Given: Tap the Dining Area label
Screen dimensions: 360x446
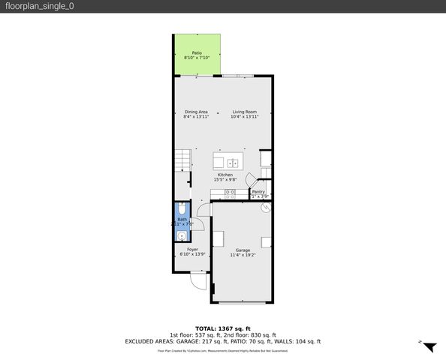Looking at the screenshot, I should (196, 112).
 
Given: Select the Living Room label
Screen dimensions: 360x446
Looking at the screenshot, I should (244, 112).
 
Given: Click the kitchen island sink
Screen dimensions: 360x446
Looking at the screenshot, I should (233, 162).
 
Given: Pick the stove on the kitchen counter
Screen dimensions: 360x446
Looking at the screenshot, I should (231, 193).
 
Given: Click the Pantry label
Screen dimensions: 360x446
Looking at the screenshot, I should (258, 192).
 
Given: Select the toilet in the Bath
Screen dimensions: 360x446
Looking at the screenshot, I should (181, 210).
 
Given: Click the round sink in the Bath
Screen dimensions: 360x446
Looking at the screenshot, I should (181, 235).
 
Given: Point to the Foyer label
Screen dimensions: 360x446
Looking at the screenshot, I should (192, 250).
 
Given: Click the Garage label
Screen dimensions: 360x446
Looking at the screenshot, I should (243, 250).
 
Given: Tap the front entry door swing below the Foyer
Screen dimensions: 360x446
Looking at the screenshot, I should (197, 282).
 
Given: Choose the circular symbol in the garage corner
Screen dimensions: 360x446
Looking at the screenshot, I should (265, 209).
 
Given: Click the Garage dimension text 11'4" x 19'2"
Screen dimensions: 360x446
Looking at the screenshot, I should (243, 255).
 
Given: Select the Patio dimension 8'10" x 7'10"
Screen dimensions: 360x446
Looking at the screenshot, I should (196, 58).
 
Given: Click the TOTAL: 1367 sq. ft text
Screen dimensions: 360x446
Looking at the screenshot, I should (222, 328).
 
